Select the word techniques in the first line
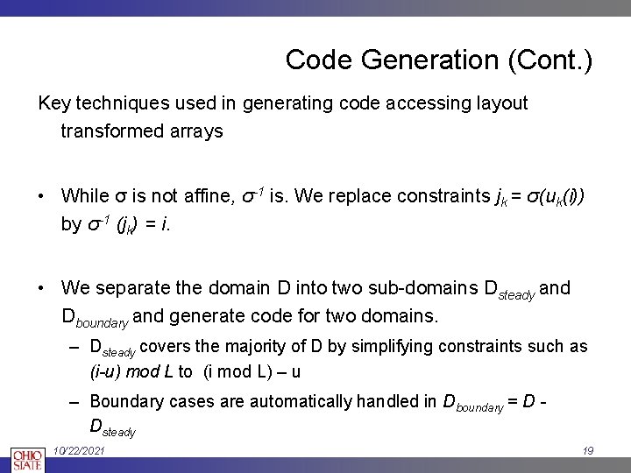[x=117, y=103]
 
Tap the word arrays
[x=197, y=131]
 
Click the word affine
[x=202, y=195]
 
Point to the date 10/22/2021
[x=80, y=450]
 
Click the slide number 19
[x=588, y=450]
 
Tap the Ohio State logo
[x=26, y=458]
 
